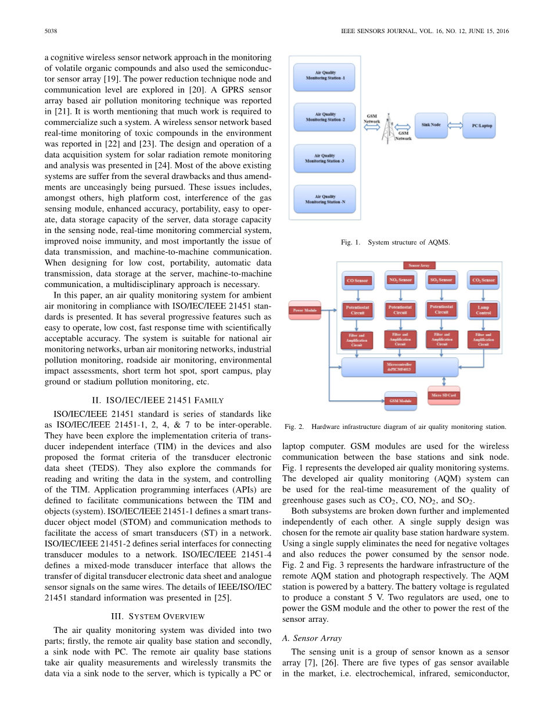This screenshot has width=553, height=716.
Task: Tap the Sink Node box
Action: point(430,125)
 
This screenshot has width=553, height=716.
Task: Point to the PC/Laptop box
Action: point(479,125)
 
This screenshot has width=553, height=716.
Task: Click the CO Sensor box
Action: point(357,281)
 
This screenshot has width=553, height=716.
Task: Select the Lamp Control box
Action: point(483,310)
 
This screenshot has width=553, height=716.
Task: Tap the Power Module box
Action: point(305,310)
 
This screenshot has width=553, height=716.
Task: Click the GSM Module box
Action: point(400,401)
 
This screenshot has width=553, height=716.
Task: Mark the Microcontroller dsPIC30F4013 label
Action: point(400,366)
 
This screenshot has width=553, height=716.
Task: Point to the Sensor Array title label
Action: point(419,265)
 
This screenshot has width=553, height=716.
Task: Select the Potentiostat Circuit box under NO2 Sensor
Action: point(400,310)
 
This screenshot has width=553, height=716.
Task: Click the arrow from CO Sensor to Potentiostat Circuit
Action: point(357,294)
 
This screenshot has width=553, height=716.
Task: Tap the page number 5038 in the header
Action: point(50,31)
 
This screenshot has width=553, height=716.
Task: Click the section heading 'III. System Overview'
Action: point(157,615)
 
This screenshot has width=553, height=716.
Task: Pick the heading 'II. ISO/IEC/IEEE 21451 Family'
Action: point(157,400)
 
